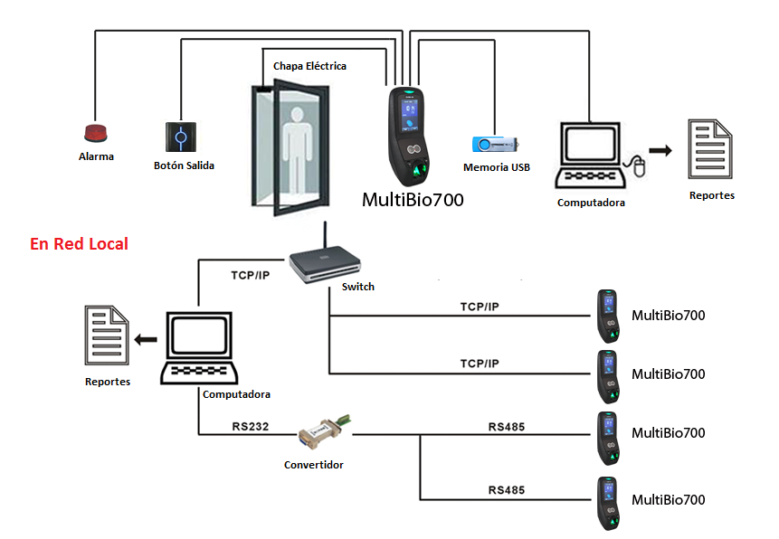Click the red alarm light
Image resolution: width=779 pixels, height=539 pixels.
95,133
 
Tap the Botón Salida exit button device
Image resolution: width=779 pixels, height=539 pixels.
181,137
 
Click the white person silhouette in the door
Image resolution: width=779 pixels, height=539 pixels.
297,150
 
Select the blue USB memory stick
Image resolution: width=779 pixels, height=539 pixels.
495,144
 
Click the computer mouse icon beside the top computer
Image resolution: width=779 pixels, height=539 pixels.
639,165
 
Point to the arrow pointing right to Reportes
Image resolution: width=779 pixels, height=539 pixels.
660,150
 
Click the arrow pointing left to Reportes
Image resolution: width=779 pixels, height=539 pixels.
146,340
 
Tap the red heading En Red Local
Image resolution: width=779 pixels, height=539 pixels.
79,244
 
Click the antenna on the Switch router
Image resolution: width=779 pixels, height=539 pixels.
325,235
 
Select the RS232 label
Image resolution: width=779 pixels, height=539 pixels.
251,426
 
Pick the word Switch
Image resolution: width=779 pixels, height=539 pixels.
357,287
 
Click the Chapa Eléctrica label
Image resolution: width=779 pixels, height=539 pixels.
309,66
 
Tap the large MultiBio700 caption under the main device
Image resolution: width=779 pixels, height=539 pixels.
413,200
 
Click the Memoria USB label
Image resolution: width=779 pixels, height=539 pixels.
497,167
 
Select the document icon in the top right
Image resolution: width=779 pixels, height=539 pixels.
710,149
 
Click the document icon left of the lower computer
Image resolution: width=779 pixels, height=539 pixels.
107,336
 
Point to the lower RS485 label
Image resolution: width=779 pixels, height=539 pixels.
507,490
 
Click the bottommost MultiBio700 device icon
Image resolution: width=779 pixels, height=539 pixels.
608,503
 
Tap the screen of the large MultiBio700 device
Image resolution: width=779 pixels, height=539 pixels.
409,112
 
